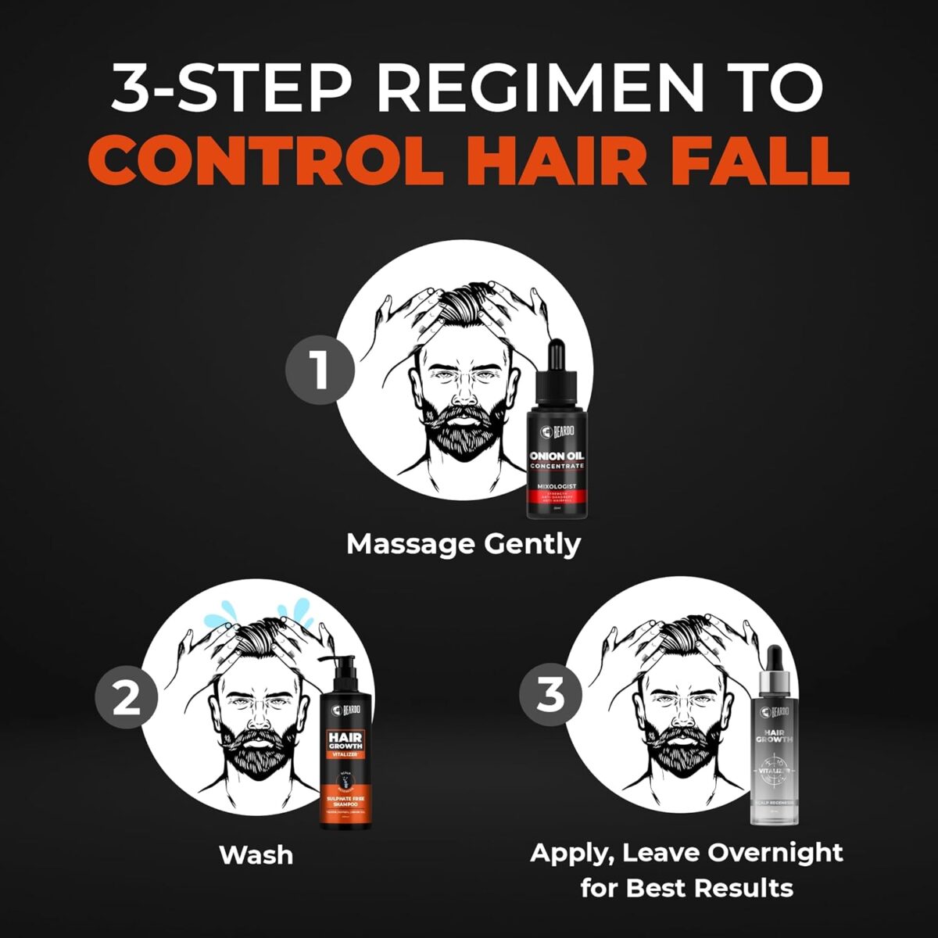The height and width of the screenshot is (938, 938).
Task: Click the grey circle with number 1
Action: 319,370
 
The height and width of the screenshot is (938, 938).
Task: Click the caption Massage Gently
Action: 464,543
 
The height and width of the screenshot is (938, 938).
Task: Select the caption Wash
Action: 256,854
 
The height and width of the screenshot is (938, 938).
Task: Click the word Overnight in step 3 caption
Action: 774,852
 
